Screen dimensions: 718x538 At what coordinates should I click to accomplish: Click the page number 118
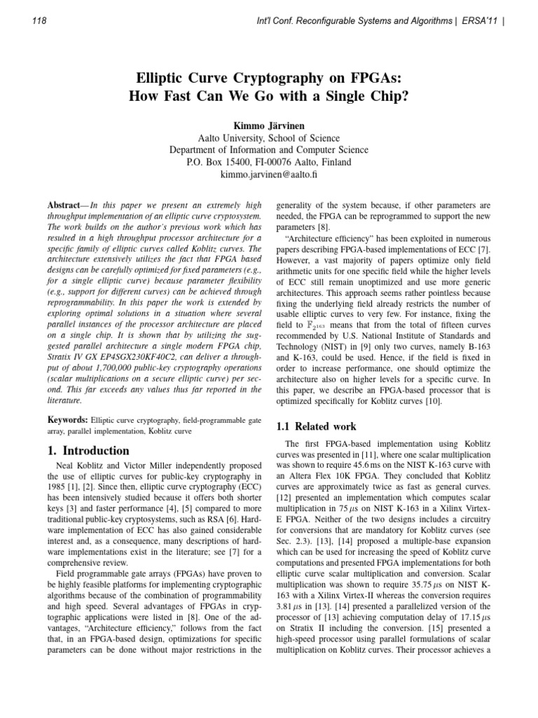pos(40,21)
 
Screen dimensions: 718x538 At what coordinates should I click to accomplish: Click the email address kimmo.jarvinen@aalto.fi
pos(269,173)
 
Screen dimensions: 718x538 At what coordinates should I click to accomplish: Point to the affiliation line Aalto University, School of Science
pos(269,138)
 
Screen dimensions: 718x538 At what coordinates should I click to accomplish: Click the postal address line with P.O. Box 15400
pos(269,161)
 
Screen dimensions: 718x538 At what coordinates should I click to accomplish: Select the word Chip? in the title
pos(388,97)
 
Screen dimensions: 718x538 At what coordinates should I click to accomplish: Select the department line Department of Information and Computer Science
pos(269,150)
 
